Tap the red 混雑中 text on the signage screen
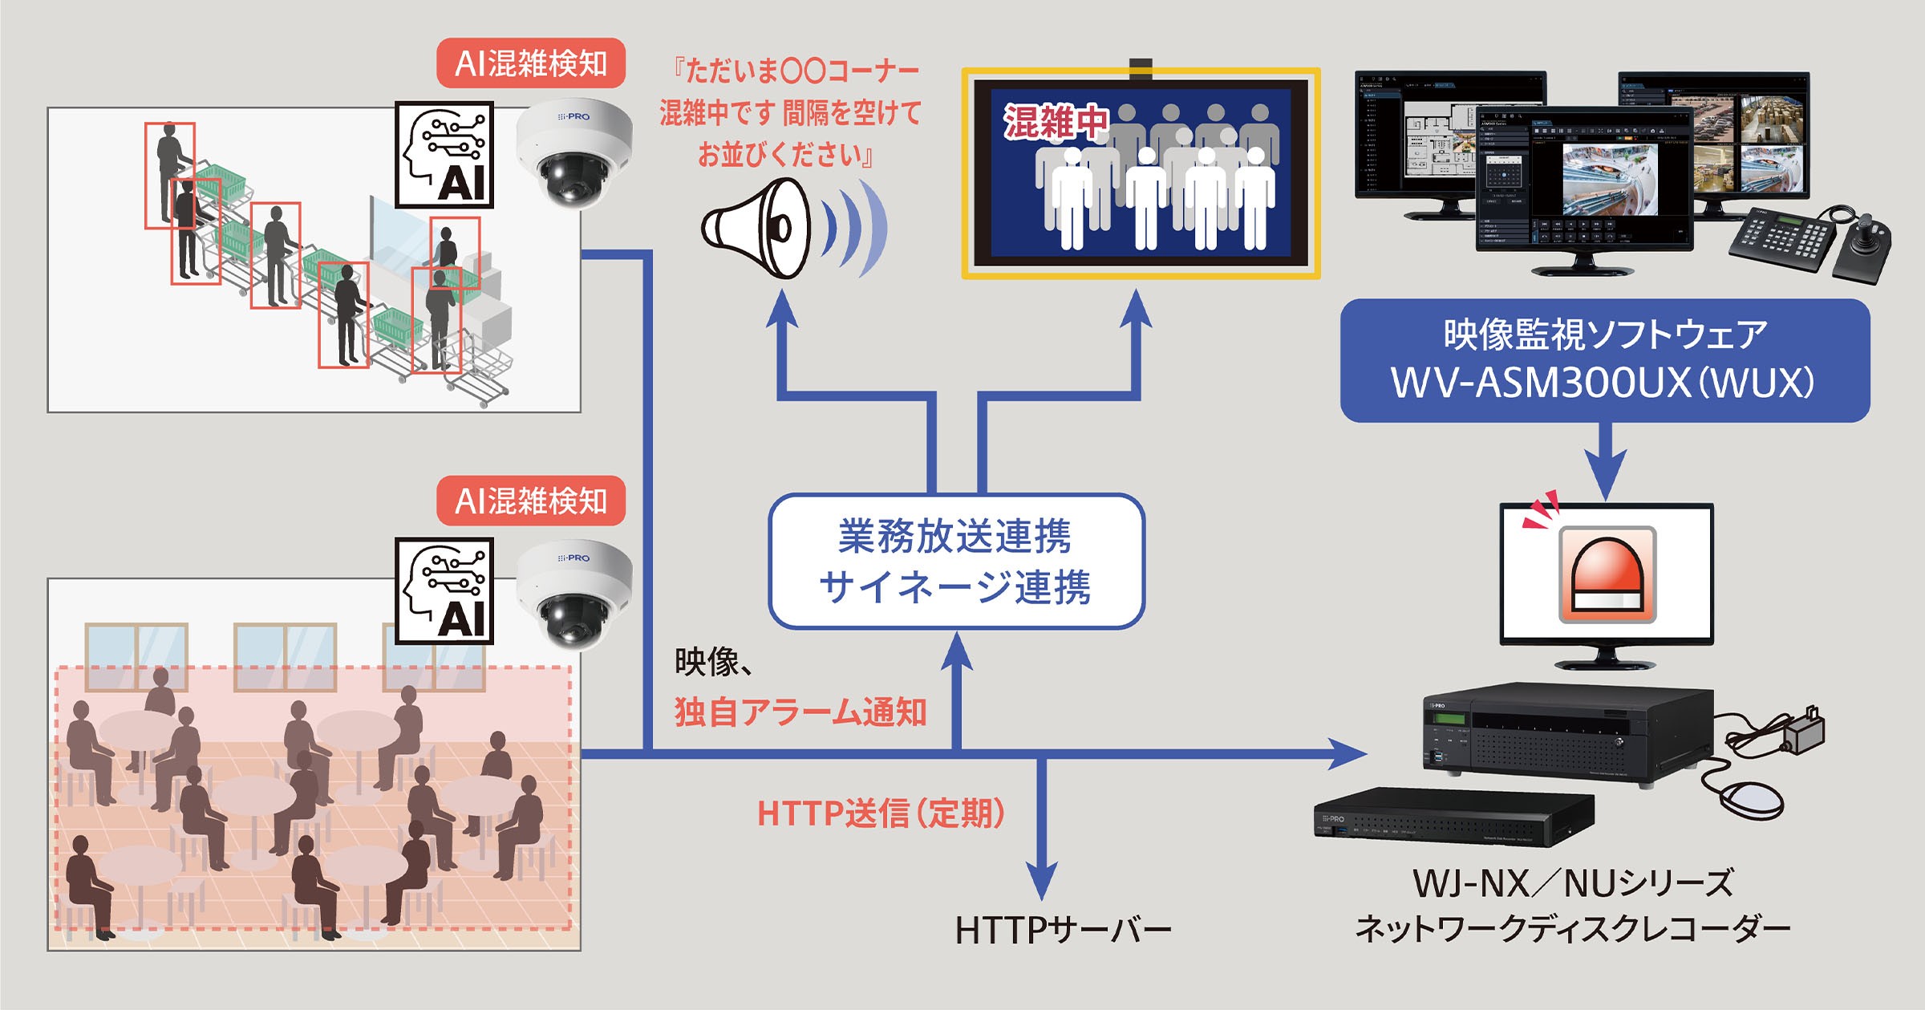(x=1054, y=123)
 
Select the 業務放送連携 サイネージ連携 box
(x=955, y=561)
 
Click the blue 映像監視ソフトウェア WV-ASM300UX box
(x=1604, y=360)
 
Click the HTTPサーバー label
(x=1063, y=931)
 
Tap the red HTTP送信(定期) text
(x=881, y=813)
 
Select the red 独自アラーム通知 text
(x=800, y=712)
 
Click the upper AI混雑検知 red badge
(x=530, y=63)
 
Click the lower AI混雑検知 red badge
(x=530, y=501)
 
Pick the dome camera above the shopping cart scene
(x=574, y=153)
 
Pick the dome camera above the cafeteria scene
(x=574, y=594)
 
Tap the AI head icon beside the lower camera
(x=444, y=590)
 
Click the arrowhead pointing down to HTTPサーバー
(x=1041, y=882)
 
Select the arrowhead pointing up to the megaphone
(x=781, y=309)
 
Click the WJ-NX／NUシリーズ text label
(x=1572, y=883)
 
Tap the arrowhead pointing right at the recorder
(x=1347, y=753)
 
